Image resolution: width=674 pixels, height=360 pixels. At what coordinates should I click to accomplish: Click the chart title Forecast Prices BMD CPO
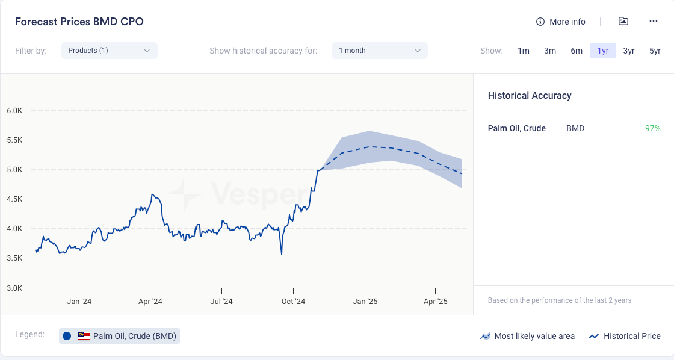(x=79, y=22)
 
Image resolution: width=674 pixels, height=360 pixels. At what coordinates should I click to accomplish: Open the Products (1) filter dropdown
(x=109, y=51)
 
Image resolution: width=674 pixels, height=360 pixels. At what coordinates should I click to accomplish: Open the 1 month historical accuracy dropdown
(x=379, y=51)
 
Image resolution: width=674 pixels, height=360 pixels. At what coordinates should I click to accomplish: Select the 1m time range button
(x=524, y=51)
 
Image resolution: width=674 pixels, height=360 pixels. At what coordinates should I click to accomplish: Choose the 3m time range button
(x=550, y=51)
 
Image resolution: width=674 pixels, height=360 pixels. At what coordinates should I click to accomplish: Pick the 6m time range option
(x=577, y=51)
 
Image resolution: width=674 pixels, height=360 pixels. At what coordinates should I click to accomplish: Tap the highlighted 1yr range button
(x=603, y=51)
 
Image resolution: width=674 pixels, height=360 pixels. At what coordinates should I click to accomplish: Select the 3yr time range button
(x=629, y=51)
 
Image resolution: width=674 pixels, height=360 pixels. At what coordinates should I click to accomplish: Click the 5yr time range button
(x=655, y=51)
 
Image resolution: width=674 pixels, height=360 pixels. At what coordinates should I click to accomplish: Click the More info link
(x=561, y=22)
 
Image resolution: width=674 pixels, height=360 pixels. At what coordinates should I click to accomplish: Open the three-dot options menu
(x=654, y=22)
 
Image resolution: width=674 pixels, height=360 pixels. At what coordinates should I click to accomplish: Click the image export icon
(x=623, y=22)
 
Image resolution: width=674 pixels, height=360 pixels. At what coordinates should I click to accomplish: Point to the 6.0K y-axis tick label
(x=14, y=111)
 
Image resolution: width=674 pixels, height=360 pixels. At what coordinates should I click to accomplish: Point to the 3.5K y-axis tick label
(x=14, y=258)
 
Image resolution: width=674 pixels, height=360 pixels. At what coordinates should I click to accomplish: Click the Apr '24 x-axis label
(x=150, y=302)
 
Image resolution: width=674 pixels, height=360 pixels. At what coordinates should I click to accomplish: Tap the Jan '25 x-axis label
(x=365, y=302)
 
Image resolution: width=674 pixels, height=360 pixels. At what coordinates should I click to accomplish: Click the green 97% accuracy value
(x=652, y=128)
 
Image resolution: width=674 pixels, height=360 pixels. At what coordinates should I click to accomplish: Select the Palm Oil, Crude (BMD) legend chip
(x=119, y=336)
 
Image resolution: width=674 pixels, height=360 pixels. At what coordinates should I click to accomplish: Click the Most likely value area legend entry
(x=527, y=337)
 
